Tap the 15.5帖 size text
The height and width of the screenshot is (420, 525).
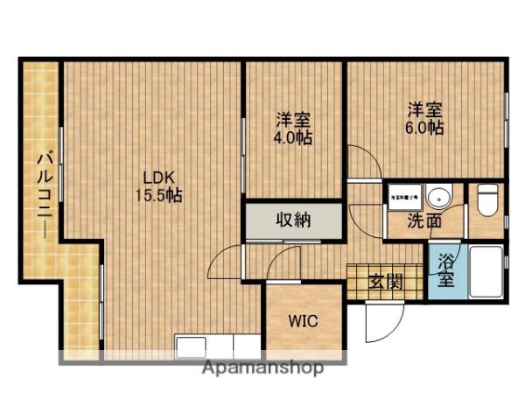[x=157, y=195]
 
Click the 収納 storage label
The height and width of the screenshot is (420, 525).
[x=295, y=220]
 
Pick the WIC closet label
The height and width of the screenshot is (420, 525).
[x=304, y=320]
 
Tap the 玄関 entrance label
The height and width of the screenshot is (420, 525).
[x=384, y=282]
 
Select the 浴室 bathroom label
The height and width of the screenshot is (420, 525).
[x=445, y=270]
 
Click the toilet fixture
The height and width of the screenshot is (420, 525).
[x=487, y=200]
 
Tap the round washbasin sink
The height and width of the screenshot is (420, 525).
[x=444, y=196]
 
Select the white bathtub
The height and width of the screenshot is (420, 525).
[x=485, y=272]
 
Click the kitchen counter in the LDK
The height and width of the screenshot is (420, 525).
[x=219, y=346]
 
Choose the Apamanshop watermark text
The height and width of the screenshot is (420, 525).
[x=262, y=367]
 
